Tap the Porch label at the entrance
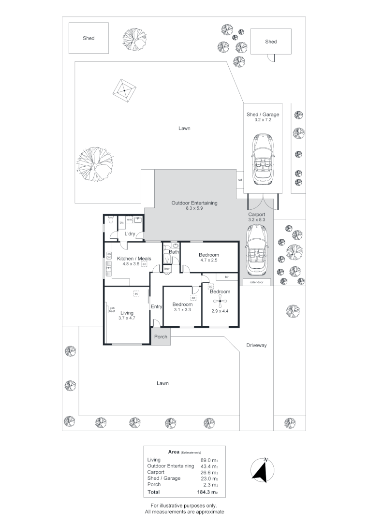coord(161,337)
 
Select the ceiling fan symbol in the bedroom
coord(220,302)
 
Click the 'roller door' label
coord(256,282)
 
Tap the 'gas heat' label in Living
coord(112,310)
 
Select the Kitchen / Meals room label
coord(134,259)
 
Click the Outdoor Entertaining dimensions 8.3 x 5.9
coord(194,209)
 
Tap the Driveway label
coord(256,346)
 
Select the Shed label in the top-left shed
coord(89,38)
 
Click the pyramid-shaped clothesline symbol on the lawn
coord(125,90)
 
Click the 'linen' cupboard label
coord(167,269)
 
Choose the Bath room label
coord(174,252)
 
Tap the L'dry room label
coord(129,234)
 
